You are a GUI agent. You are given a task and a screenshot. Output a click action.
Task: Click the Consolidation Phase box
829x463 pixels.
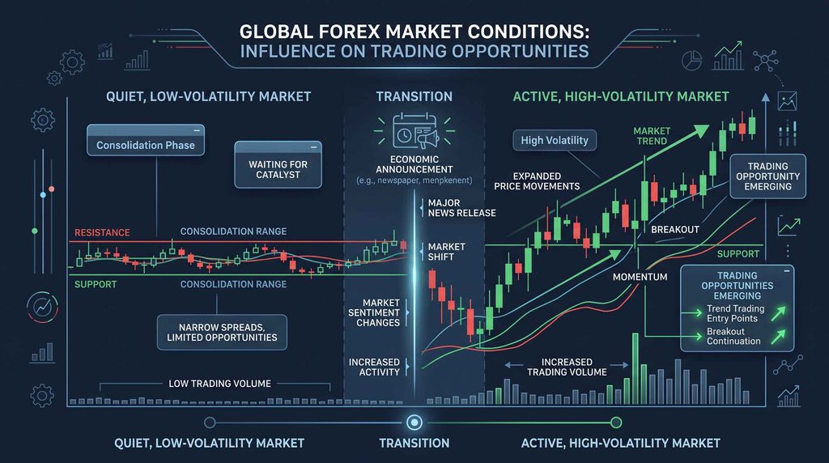tap(146, 140)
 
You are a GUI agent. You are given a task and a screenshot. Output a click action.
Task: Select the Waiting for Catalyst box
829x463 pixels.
tap(278, 164)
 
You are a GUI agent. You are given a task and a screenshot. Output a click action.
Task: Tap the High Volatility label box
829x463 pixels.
tap(555, 140)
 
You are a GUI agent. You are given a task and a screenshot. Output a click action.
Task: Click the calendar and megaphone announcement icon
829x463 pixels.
tap(414, 131)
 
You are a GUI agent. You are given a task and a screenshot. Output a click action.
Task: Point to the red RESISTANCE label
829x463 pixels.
tap(102, 232)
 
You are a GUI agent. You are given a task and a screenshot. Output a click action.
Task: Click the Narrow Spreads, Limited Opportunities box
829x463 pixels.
tap(222, 333)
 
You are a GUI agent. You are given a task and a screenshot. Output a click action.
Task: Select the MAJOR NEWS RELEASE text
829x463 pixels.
tap(461, 208)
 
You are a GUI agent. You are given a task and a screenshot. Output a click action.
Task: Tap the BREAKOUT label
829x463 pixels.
tap(675, 229)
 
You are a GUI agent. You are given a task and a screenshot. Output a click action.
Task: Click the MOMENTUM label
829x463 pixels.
tap(640, 277)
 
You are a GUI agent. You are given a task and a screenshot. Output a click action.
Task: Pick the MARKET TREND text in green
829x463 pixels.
tap(652, 136)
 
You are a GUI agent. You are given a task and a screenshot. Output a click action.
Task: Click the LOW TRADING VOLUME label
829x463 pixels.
tap(219, 384)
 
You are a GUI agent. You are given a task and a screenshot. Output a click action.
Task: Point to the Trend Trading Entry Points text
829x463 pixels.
tap(735, 313)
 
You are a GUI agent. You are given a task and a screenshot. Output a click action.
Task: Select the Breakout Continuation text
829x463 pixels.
tap(733, 336)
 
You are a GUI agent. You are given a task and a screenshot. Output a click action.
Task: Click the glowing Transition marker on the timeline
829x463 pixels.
tap(414, 423)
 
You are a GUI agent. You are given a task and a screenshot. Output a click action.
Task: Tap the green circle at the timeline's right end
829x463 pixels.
tap(616, 423)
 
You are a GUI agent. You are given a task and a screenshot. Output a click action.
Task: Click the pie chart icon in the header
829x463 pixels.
tap(691, 60)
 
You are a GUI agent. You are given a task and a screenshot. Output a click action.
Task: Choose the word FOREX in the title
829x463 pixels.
tap(349, 32)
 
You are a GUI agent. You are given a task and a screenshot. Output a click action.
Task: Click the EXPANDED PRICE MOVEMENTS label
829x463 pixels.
tap(537, 181)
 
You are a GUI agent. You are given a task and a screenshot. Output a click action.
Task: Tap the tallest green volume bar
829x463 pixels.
tap(636, 369)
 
